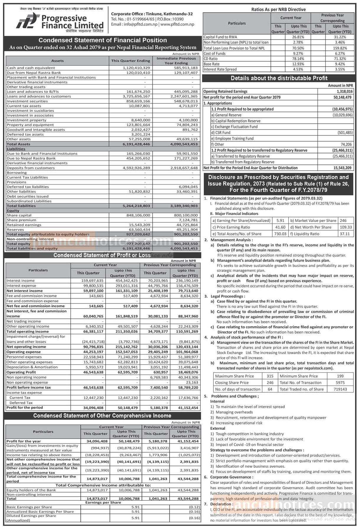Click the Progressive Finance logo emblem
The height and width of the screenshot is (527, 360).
coord(27,21)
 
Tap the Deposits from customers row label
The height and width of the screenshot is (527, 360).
coord(31,168)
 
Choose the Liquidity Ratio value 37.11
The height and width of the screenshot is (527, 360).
coord(345,234)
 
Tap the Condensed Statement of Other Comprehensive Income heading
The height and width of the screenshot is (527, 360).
coord(102,416)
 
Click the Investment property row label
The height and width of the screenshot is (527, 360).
coord(27,120)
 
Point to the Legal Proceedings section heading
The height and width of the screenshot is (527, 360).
coord(227,296)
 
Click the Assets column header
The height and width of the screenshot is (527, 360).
coord(57,61)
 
